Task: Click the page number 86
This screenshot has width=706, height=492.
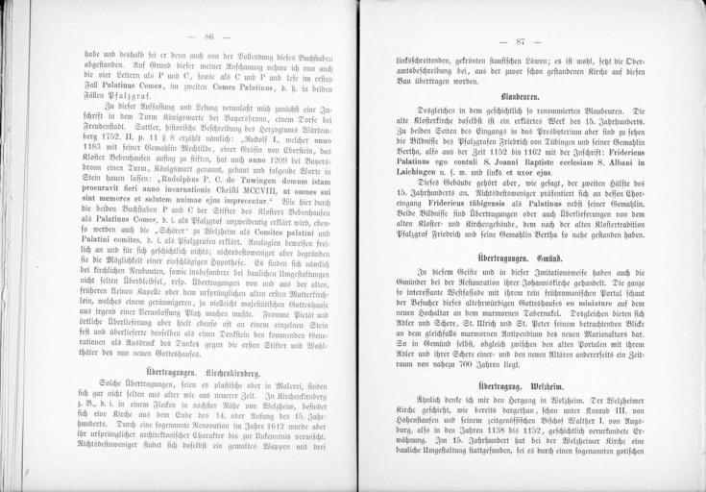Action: [x=208, y=36]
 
